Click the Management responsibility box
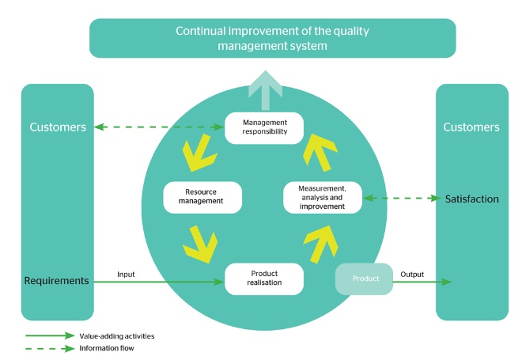264,128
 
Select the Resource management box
202,198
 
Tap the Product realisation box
264,279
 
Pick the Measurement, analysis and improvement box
322,198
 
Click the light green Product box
364,279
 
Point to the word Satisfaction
471,199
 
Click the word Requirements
57,281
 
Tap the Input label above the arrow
126,275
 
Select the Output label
412,275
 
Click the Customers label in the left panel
58,127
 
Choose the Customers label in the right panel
471,127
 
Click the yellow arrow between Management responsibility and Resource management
199,153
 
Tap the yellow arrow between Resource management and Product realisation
200,244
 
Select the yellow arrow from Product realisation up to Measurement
320,244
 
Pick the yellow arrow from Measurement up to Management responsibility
320,153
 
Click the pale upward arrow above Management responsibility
265,90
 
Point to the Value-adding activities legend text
117,336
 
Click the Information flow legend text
107,348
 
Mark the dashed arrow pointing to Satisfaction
402,198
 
